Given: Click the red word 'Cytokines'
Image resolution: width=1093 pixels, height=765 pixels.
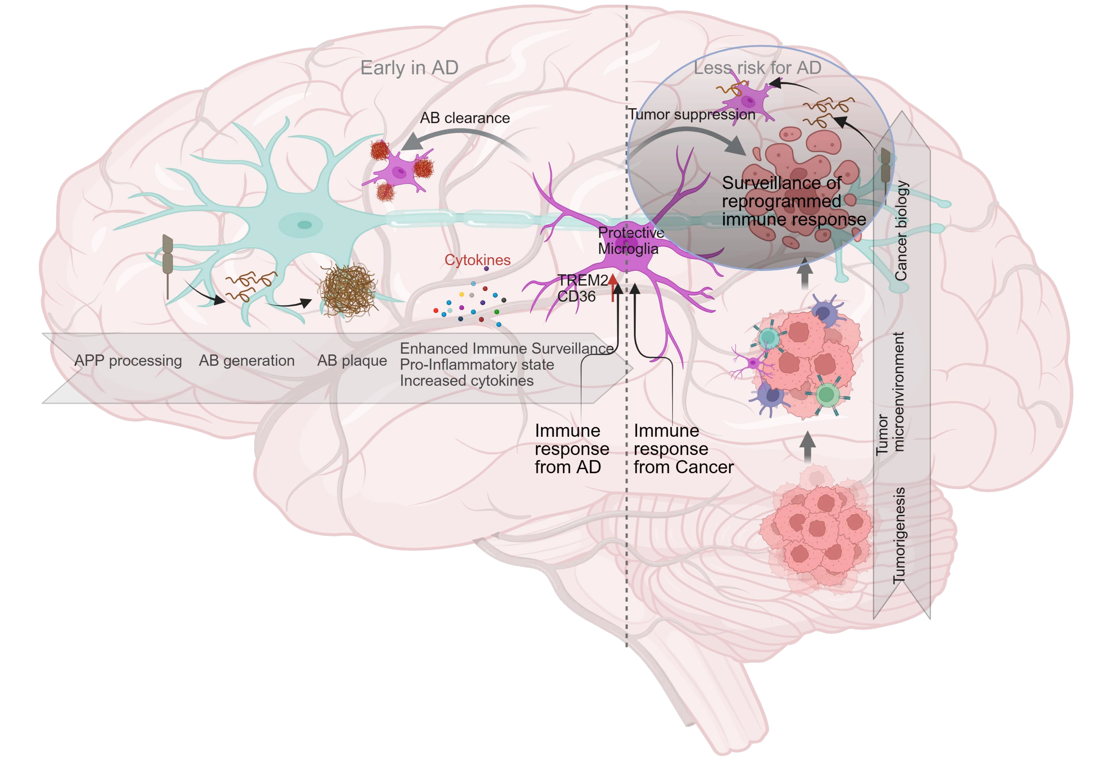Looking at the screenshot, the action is [478, 260].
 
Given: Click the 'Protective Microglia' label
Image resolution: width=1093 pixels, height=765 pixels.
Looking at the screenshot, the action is [631, 240].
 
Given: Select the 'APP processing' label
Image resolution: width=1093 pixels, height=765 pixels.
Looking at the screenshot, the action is [128, 360].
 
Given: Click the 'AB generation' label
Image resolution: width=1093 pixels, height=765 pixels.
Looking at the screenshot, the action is [247, 360].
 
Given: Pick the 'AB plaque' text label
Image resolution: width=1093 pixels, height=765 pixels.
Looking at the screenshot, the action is [352, 360].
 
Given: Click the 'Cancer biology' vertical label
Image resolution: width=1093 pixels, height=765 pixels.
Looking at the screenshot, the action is [901, 231].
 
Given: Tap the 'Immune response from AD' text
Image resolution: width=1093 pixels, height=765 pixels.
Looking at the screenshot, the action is [572, 449].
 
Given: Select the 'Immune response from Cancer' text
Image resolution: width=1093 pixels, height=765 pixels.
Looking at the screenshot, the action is [684, 449].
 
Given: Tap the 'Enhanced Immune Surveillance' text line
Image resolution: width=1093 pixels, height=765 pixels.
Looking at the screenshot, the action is [506, 349].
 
